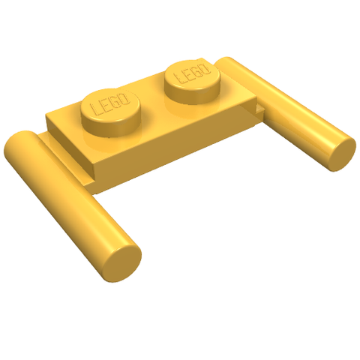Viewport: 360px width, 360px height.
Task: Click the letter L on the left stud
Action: tap(95, 109)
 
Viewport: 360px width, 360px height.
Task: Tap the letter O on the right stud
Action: tap(205, 68)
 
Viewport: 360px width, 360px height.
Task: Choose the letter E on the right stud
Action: tap(188, 74)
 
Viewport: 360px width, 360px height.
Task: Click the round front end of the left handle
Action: tap(122, 258)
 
